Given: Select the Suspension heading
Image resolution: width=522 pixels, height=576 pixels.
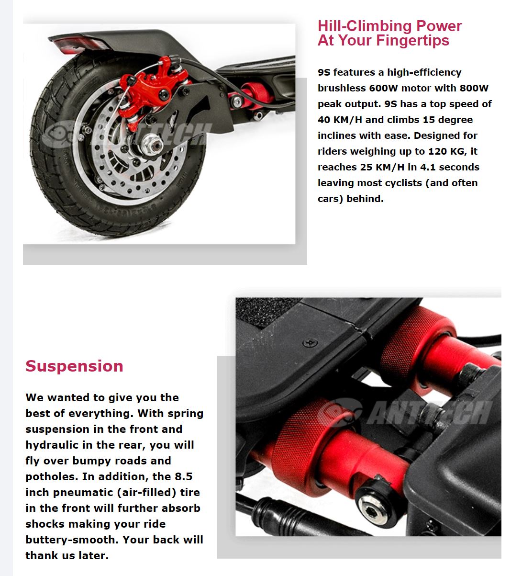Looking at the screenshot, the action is (74, 366).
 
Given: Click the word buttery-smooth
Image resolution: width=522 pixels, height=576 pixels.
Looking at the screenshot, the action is (71, 540).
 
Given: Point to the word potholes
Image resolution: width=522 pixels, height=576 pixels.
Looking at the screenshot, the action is (51, 476).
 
